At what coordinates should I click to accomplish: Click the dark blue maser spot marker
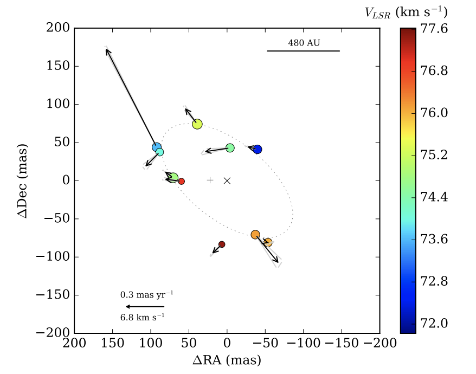click(x=258, y=150)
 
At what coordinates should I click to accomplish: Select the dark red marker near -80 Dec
click(x=222, y=244)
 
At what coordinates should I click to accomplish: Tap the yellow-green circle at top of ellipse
click(x=197, y=124)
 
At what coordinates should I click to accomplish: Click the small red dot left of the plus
click(x=182, y=182)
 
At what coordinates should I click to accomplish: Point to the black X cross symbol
click(x=227, y=180)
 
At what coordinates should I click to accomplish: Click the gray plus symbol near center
click(x=210, y=180)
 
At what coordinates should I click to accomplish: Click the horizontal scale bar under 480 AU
click(x=303, y=51)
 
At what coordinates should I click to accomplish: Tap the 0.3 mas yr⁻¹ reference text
click(x=146, y=295)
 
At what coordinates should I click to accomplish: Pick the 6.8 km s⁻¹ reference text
click(x=143, y=317)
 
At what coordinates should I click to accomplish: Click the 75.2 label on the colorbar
click(x=435, y=155)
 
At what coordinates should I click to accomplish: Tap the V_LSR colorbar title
click(x=406, y=12)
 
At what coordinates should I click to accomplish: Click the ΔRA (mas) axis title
click(x=227, y=360)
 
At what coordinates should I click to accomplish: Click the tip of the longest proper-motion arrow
click(x=106, y=49)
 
